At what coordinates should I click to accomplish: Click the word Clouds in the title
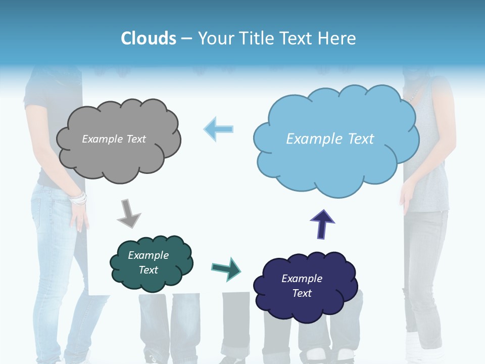tap(149, 38)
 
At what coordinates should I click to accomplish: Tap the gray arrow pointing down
tap(128, 213)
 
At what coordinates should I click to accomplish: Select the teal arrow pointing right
tap(226, 268)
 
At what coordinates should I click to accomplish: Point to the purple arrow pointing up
tap(322, 223)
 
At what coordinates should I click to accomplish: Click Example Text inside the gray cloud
tap(114, 139)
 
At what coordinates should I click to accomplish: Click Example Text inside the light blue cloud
tap(330, 139)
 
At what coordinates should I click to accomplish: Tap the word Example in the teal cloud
tap(148, 255)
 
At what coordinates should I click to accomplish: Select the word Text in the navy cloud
tap(302, 293)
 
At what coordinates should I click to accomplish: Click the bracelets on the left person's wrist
tap(79, 199)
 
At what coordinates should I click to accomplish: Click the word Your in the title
tap(213, 38)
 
